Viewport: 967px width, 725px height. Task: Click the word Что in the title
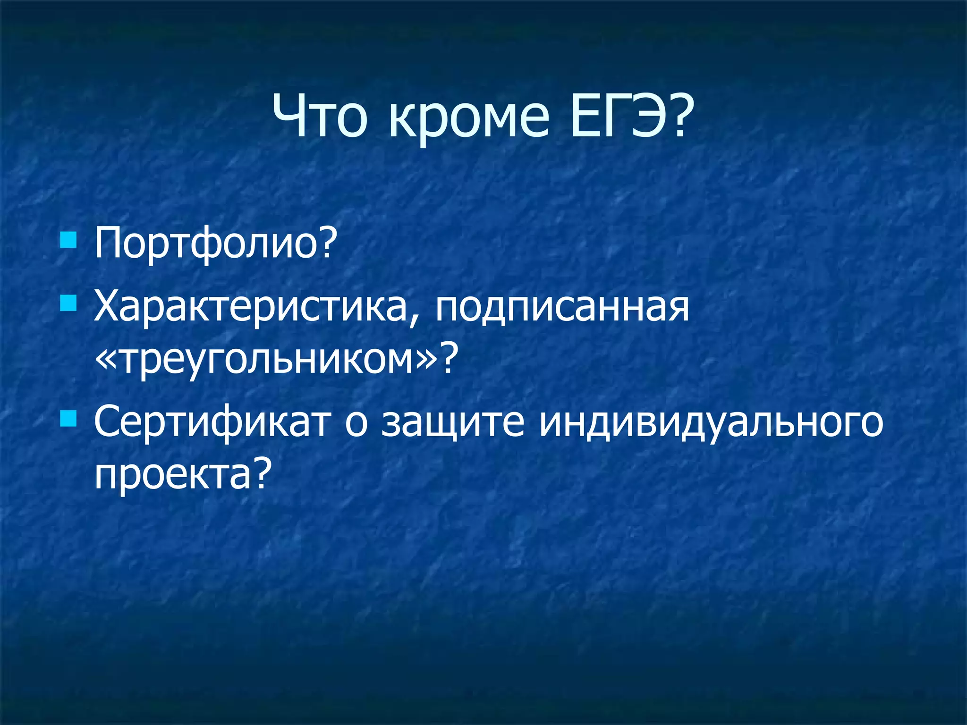pyautogui.click(x=320, y=116)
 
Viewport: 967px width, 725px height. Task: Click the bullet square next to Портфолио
pyautogui.click(x=68, y=239)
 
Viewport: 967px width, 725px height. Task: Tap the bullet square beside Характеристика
pyautogui.click(x=68, y=303)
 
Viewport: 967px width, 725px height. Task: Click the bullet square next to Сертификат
pyautogui.click(x=68, y=418)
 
